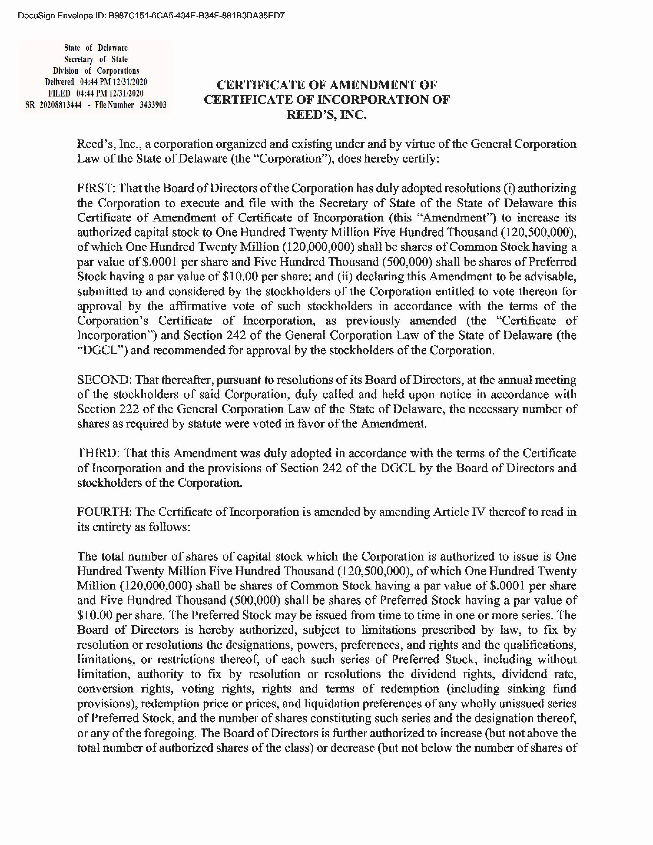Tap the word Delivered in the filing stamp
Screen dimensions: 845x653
[x=59, y=82]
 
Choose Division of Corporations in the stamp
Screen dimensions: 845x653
[x=96, y=71]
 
